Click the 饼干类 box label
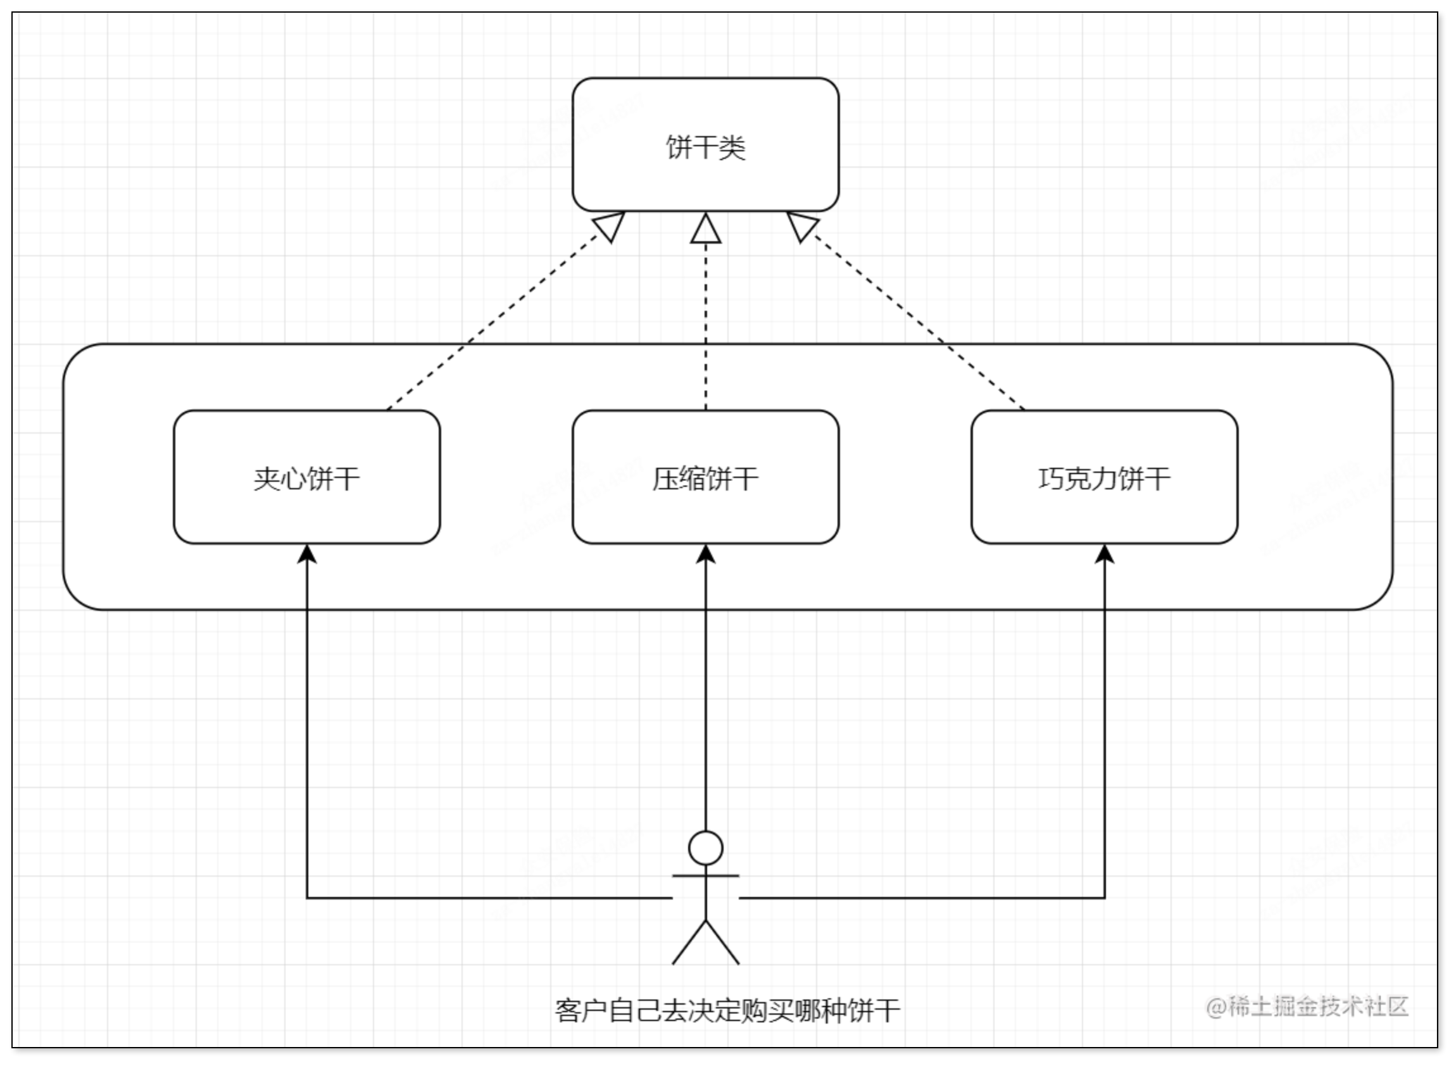[x=705, y=147]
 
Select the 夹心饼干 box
[x=306, y=477]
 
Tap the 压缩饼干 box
[x=705, y=477]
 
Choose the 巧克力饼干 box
[x=1104, y=477]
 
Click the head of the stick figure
[x=705, y=848]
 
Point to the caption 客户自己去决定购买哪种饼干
[x=727, y=1010]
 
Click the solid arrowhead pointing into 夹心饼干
[x=306, y=554]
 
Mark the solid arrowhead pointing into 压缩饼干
[x=705, y=554]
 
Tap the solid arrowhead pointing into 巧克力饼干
[x=1104, y=554]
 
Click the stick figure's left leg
[x=689, y=943]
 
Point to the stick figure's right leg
[x=723, y=943]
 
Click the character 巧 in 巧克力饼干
[x=1051, y=478]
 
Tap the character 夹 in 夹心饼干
[x=267, y=478]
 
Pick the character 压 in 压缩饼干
[x=665, y=478]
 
